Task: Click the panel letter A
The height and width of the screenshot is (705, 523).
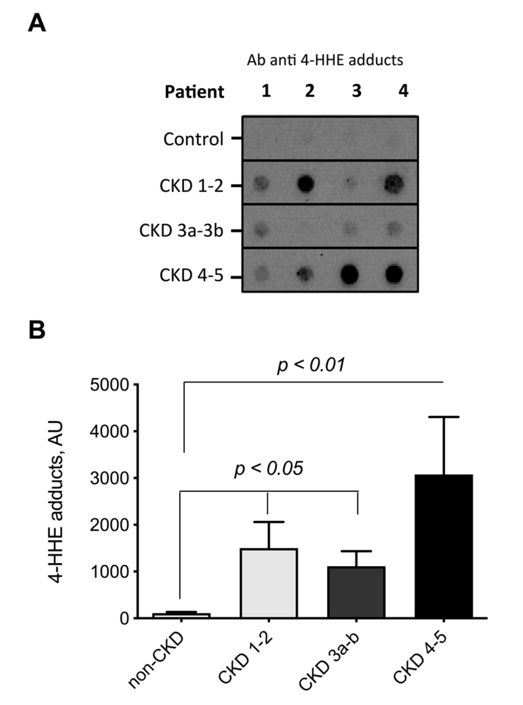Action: tap(37, 23)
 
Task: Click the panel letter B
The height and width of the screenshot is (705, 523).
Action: tap(37, 330)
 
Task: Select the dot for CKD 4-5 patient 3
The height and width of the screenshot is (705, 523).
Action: tap(350, 274)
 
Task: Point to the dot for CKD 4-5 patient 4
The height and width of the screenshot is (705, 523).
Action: tap(394, 274)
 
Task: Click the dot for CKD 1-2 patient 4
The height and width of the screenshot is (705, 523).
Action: tap(394, 184)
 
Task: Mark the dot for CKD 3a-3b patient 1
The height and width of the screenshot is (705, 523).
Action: tap(261, 229)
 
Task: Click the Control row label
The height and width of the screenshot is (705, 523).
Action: tap(193, 139)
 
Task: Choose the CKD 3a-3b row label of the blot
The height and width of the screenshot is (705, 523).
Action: tap(181, 231)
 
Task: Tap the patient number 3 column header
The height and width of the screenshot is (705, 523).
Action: tap(357, 91)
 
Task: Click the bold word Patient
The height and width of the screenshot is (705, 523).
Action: tap(194, 92)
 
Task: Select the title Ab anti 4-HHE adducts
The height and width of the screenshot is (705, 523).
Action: tap(325, 60)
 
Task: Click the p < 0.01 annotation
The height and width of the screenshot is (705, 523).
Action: tap(311, 365)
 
